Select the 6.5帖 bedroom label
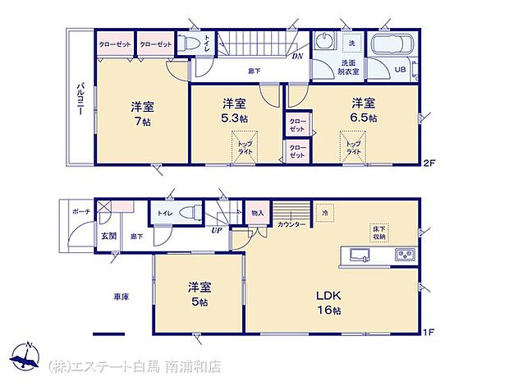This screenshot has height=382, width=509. [x=365, y=117]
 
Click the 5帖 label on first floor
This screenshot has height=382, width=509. [x=199, y=301]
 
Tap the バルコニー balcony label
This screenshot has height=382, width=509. [x=81, y=102]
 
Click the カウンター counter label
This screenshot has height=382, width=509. [x=291, y=224]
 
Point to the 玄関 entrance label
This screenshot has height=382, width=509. [x=108, y=236]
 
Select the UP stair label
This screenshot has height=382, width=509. [x=216, y=231]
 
